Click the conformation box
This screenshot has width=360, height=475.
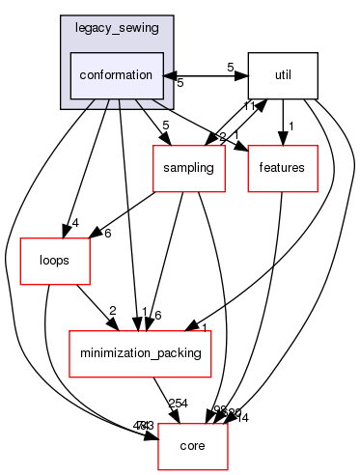[x=116, y=74]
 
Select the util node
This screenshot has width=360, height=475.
[x=282, y=74]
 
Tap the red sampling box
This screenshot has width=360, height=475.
[x=187, y=168]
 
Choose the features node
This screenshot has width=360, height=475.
[x=283, y=168]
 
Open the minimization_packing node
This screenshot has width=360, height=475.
[x=139, y=354]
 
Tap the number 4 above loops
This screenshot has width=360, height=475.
[x=74, y=223]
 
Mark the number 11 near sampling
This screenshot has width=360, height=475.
[x=249, y=105]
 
